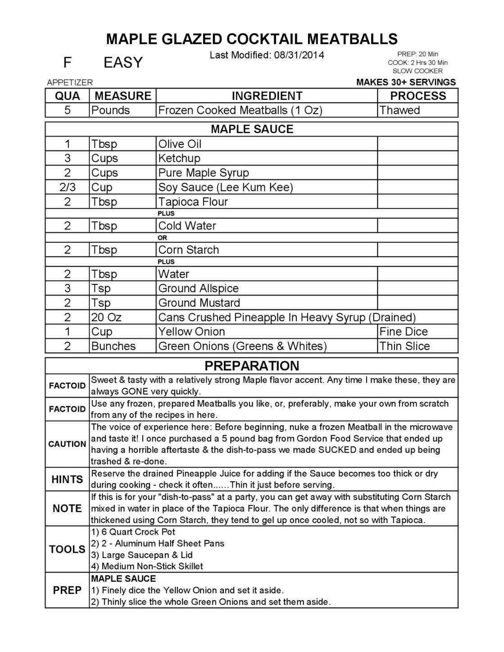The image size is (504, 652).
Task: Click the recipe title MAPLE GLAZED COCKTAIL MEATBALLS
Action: click(x=252, y=39)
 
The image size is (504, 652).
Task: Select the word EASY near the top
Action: click(x=123, y=63)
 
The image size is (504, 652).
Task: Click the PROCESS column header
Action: click(x=418, y=96)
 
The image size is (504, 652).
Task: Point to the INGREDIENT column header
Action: click(x=267, y=96)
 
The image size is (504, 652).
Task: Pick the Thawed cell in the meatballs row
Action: click(x=400, y=110)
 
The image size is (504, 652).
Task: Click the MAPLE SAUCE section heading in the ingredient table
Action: click(x=252, y=129)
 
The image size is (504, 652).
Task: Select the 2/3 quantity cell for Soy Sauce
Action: click(x=67, y=187)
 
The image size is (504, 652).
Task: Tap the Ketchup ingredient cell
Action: click(x=179, y=158)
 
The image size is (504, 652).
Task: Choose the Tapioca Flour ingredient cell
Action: click(x=193, y=202)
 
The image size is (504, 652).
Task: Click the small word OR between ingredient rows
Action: click(x=162, y=238)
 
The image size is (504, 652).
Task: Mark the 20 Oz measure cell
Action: click(x=106, y=317)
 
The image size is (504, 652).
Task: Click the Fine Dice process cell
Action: click(x=404, y=332)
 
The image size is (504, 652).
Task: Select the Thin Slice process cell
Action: click(x=404, y=346)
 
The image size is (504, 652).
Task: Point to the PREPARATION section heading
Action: click(x=252, y=365)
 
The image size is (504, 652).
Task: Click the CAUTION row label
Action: click(x=67, y=444)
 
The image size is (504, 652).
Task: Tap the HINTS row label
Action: click(x=67, y=479)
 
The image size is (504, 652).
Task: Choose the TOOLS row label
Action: click(x=67, y=549)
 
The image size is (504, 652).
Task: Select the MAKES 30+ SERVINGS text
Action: click(x=406, y=82)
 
